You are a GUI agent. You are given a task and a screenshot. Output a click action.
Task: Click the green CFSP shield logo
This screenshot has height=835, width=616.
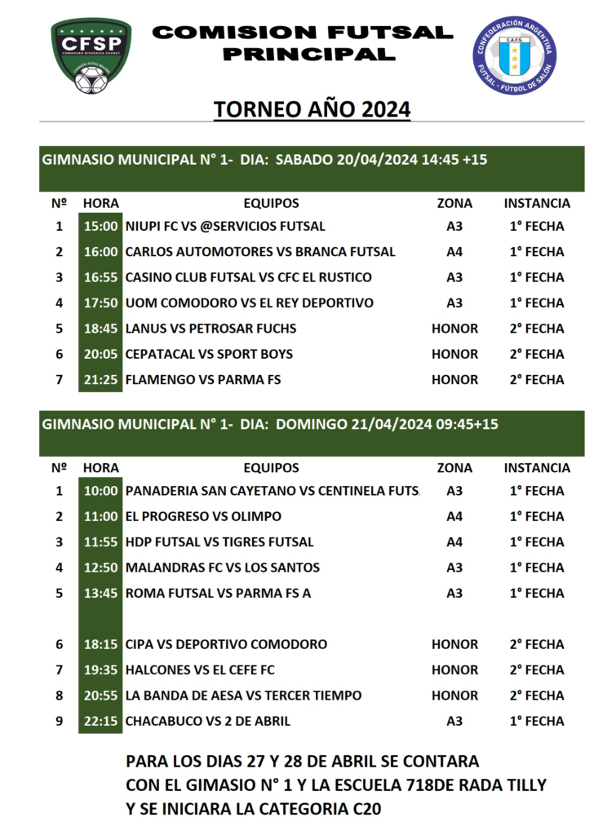point(91,55)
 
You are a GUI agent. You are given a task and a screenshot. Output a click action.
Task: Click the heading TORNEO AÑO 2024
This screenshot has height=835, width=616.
point(312,109)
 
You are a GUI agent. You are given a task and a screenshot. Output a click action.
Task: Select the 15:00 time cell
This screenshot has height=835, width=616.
point(100,226)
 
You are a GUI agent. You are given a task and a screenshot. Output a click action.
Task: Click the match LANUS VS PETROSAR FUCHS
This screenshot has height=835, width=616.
point(211,329)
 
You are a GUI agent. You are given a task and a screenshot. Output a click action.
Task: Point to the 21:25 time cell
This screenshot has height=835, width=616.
point(100,380)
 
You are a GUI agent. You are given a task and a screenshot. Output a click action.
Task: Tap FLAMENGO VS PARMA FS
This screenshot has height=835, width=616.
point(203,380)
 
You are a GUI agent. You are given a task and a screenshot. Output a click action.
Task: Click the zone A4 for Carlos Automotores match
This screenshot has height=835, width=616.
point(454,252)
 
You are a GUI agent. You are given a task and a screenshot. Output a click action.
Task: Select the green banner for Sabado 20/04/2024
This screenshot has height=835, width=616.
point(312,168)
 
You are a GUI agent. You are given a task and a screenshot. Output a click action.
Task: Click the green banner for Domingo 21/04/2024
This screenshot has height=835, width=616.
point(312,433)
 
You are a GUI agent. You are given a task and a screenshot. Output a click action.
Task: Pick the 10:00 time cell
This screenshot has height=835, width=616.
point(100,491)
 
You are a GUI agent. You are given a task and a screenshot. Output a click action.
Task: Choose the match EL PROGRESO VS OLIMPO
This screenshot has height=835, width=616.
point(203,516)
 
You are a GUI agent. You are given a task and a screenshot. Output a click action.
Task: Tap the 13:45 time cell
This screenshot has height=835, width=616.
point(100,594)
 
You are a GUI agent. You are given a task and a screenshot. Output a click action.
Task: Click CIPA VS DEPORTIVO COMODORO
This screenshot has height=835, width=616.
point(226,644)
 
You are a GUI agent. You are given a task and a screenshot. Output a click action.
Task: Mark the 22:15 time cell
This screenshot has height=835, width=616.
point(100,721)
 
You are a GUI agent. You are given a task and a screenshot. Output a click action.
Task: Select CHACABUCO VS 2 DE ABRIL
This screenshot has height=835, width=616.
point(207,721)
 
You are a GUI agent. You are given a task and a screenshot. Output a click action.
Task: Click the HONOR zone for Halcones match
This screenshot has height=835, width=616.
point(454,670)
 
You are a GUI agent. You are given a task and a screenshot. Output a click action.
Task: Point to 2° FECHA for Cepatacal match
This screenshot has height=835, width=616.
point(536,354)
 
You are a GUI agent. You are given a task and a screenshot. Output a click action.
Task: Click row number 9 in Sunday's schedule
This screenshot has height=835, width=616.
point(59,721)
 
